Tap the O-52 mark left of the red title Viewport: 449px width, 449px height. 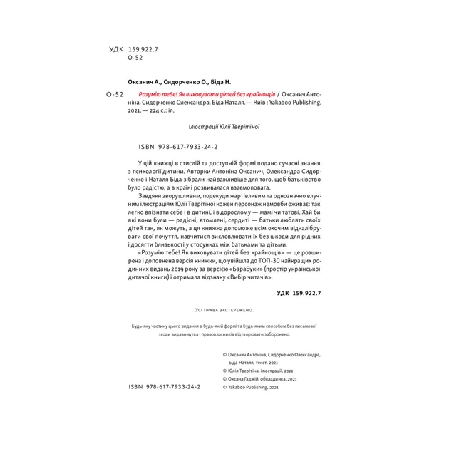coord(115,94)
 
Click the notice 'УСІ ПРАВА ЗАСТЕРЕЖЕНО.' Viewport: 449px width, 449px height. coord(224,311)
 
